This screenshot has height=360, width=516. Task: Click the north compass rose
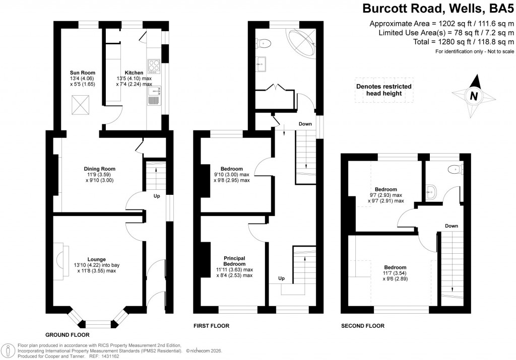pos(473,95)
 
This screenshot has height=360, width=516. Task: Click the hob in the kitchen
pos(153,65)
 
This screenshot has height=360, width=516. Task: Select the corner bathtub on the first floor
pos(301,42)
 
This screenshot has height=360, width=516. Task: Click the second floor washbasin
pos(431,190)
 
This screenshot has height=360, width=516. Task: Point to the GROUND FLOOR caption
pos(67,334)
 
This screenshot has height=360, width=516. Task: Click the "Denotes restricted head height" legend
pos(384,90)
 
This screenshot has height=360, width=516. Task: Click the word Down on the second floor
pos(451,226)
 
